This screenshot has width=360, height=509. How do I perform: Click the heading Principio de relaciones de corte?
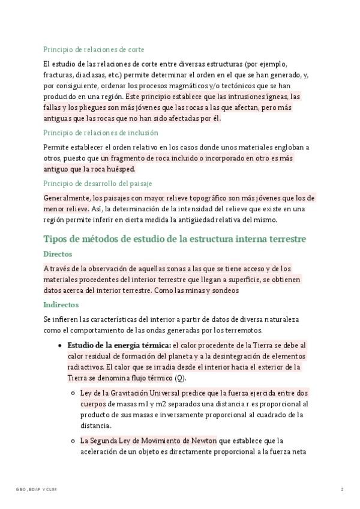click(94, 49)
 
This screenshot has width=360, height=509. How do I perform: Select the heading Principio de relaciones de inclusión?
click(101, 133)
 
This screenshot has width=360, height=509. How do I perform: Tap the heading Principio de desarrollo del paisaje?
click(97, 183)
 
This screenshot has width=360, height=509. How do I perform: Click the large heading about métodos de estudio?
click(175, 239)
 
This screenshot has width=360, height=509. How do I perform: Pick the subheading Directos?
click(58, 254)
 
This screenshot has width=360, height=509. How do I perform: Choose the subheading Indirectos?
click(61, 304)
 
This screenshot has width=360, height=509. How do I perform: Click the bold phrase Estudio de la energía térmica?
click(119, 346)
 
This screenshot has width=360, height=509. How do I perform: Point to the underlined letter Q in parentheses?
click(179, 378)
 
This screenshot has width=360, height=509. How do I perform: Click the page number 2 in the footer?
click(341, 490)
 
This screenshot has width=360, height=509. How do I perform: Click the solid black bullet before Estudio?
click(59, 346)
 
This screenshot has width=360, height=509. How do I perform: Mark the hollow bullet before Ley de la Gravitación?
click(73, 393)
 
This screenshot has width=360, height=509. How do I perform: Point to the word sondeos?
click(225, 291)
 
